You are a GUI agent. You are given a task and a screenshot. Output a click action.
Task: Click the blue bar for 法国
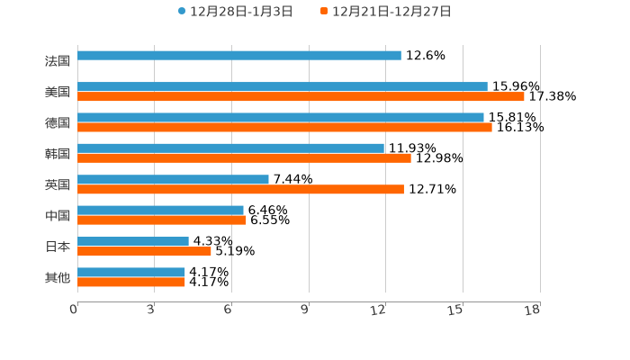[x=239, y=56]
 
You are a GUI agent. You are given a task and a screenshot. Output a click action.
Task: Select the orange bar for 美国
[x=301, y=96]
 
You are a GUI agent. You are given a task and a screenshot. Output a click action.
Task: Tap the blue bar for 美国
[x=283, y=86]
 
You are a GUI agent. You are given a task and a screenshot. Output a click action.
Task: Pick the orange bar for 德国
[x=284, y=127]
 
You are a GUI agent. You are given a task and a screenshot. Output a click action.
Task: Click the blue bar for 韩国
[x=230, y=148]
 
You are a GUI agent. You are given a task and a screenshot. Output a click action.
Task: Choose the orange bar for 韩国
[x=244, y=157]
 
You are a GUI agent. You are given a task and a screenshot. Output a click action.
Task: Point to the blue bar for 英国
[x=173, y=179]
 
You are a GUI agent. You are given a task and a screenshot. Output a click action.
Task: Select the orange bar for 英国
[x=240, y=189]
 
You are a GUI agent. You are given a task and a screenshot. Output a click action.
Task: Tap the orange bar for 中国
[x=162, y=220]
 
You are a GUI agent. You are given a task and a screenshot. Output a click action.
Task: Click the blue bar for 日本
[x=133, y=241]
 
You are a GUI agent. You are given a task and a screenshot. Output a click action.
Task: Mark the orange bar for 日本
[x=144, y=251]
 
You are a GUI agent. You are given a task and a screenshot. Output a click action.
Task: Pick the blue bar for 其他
[x=131, y=272]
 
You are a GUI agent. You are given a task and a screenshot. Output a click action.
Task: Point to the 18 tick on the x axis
[x=533, y=310]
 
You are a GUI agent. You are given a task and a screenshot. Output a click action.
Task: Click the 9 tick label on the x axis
[x=305, y=310]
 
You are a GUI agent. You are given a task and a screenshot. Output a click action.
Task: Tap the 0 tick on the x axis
[x=74, y=310]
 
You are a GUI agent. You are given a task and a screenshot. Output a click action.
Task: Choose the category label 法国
[x=58, y=61]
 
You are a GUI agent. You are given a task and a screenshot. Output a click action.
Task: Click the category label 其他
[x=58, y=278]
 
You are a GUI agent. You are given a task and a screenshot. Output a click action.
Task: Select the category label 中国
[x=58, y=216]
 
